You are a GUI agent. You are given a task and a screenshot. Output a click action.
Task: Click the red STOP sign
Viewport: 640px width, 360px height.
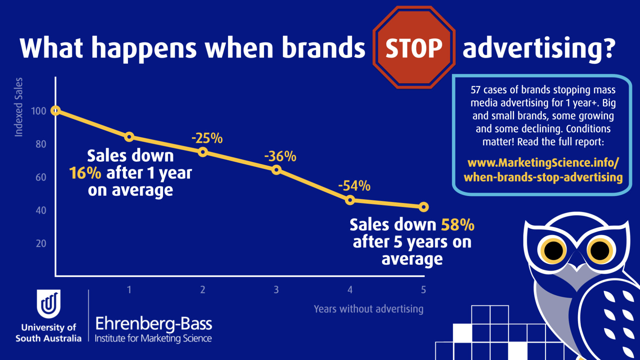414,47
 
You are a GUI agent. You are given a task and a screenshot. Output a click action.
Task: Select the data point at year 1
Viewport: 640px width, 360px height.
129,137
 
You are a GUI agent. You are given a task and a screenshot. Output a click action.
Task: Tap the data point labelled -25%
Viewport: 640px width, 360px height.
203,152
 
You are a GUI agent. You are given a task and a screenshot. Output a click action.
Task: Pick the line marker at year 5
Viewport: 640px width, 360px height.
424,207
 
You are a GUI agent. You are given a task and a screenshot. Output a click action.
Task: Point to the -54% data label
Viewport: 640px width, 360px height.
354,186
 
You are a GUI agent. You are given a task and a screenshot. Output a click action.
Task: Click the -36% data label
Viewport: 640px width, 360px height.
280,156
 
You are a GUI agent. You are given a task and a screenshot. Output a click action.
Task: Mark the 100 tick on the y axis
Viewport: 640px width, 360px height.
39,111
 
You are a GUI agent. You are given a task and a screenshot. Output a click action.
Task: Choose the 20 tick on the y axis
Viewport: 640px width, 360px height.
41,243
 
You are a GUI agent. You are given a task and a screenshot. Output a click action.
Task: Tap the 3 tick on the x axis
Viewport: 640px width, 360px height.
276,290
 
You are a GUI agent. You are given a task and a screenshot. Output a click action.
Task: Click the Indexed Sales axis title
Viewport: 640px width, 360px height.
19,107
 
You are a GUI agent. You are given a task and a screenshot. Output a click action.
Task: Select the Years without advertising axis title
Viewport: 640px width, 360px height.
369,309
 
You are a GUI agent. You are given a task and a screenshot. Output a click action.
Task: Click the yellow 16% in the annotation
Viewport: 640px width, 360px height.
85,173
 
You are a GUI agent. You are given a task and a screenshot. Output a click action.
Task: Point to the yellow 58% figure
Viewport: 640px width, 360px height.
458,225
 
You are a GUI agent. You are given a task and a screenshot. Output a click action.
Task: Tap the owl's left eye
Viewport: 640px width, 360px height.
553,251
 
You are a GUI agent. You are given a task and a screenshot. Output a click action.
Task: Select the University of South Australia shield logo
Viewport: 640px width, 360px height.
49,304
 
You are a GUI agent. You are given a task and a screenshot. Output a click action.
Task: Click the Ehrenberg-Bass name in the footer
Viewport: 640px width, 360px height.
154,324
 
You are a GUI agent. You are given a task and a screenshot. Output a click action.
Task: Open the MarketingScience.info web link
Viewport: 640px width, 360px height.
543,170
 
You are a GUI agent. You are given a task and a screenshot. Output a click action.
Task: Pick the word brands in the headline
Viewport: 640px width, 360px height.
323,47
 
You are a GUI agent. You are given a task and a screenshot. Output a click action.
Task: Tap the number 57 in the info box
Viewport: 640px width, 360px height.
475,90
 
